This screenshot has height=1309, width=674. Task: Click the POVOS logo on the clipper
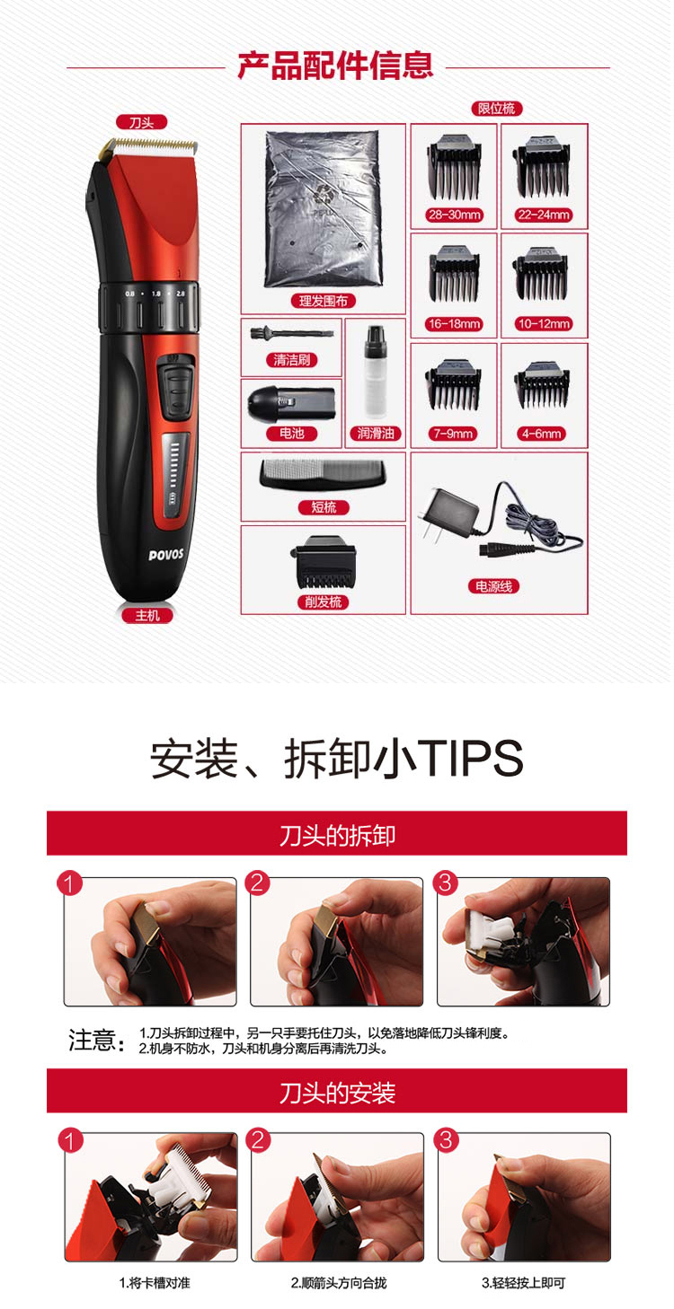tap(166, 554)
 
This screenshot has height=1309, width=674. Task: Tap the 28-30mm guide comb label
tap(454, 215)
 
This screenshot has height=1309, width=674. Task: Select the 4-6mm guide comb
tap(542, 384)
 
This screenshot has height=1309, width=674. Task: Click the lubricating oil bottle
tap(375, 372)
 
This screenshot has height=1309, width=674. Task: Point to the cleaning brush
tap(291, 334)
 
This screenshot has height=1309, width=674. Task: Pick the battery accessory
tap(291, 402)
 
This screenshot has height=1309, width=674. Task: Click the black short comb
tap(323, 475)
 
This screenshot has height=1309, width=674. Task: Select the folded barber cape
tap(323, 209)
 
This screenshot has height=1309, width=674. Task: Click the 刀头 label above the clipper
tap(141, 123)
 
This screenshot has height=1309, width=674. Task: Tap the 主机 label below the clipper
tap(147, 615)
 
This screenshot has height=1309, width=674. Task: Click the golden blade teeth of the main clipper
tap(150, 144)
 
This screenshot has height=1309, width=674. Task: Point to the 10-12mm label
tap(544, 324)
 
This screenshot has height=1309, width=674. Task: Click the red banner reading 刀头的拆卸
tap(337, 834)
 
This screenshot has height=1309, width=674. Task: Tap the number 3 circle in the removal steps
tap(445, 883)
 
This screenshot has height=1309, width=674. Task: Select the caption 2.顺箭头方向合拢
tap(339, 1283)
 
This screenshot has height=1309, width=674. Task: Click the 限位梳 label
tap(496, 109)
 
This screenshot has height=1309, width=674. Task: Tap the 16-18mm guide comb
tap(454, 274)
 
